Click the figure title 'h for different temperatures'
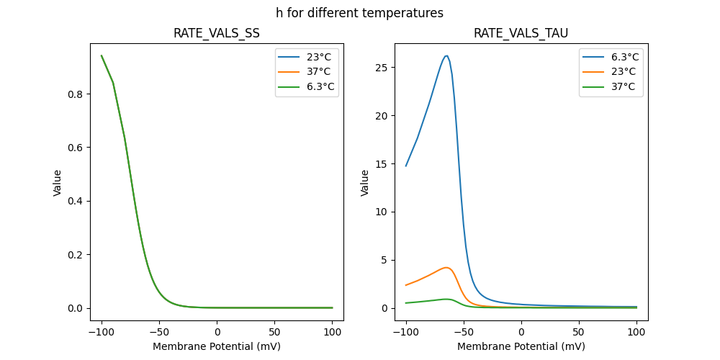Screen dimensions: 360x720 [x=359, y=13]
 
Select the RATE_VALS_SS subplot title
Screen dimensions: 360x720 [x=217, y=34]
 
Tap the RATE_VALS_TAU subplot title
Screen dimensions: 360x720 [x=521, y=34]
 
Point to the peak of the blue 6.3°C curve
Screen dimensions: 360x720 [x=446, y=55]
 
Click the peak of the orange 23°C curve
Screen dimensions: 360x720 [x=446, y=268]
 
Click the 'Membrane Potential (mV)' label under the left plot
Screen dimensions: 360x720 [x=217, y=346]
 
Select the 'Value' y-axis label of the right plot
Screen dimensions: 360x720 [x=365, y=183]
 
